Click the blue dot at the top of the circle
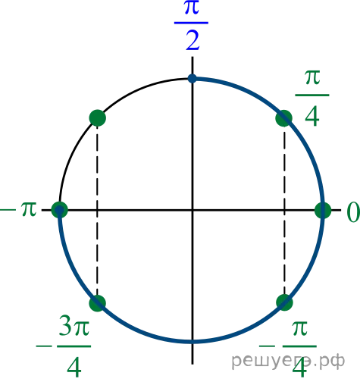(193, 78)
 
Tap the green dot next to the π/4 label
(284, 118)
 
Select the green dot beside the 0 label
(323, 210)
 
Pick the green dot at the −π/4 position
(284, 302)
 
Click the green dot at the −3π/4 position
(98, 303)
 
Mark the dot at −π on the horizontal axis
(60, 210)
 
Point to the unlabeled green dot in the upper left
(98, 117)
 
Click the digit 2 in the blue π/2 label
(193, 40)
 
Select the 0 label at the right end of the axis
(353, 212)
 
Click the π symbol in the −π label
(29, 209)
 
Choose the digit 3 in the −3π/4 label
(66, 326)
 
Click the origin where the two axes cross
(193, 210)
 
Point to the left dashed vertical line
(97, 210)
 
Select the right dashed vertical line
(284, 210)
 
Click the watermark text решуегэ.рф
(288, 361)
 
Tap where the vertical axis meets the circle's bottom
(193, 342)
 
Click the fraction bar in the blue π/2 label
(191, 23)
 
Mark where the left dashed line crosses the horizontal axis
(97, 210)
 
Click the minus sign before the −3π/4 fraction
(44, 346)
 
